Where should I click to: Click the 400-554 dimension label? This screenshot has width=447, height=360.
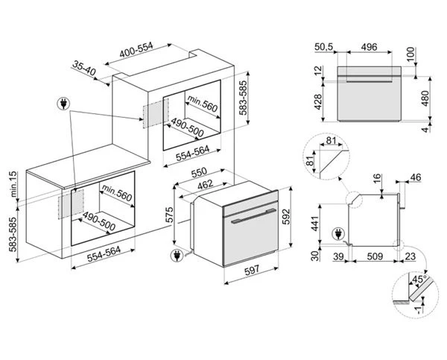pyautogui.click(x=136, y=50)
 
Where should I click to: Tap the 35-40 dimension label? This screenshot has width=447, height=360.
pyautogui.click(x=83, y=68)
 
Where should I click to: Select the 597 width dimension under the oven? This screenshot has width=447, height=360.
pyautogui.click(x=252, y=270)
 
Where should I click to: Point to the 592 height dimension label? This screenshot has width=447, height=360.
pyautogui.click(x=286, y=216)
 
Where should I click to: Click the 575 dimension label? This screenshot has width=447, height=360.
pyautogui.click(x=169, y=215)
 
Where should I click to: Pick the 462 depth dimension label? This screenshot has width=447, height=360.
pyautogui.click(x=206, y=184)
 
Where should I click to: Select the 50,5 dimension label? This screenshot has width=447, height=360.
pyautogui.click(x=324, y=46)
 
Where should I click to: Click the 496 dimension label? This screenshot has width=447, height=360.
pyautogui.click(x=369, y=47)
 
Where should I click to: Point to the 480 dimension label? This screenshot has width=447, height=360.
pyautogui.click(x=425, y=98)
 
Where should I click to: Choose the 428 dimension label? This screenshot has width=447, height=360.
pyautogui.click(x=317, y=101)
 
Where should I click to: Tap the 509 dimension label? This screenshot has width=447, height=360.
pyautogui.click(x=375, y=256)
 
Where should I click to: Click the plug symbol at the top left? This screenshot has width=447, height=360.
pyautogui.click(x=63, y=104)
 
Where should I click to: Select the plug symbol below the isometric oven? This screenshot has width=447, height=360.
pyautogui.click(x=176, y=256)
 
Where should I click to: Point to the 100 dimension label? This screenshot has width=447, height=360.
pyautogui.click(x=410, y=54)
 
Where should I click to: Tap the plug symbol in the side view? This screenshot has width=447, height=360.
pyautogui.click(x=338, y=234)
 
